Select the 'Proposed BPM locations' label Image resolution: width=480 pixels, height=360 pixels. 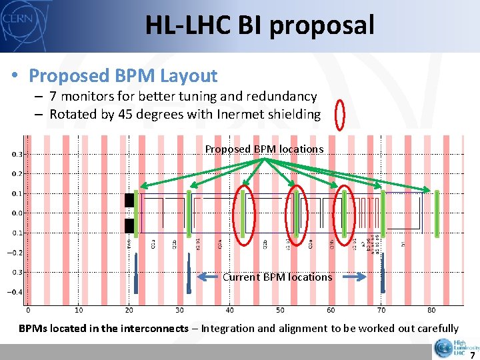264,149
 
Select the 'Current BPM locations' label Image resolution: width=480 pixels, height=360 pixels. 277,277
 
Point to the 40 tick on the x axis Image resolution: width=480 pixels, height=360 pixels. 230,310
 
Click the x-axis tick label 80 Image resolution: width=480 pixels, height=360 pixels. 431,310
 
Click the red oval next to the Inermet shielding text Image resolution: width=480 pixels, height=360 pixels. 339,114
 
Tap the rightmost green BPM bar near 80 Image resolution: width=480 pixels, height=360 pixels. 437,213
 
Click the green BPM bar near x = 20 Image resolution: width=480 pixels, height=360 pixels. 136,213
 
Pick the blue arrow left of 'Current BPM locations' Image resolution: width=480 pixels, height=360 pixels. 209,277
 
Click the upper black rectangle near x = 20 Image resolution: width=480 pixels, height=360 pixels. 129,201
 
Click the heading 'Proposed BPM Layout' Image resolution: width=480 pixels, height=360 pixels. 123,76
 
